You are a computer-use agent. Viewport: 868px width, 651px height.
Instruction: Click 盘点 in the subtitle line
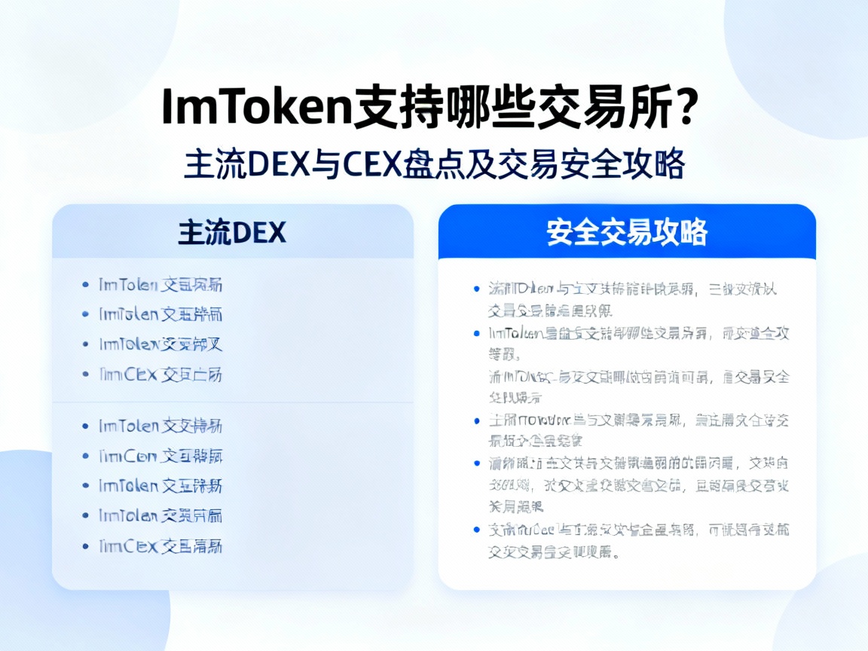[x=451, y=164]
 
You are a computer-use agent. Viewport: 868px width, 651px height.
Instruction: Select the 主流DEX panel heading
[x=232, y=232]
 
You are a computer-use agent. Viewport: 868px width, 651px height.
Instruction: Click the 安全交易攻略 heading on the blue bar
[x=627, y=233]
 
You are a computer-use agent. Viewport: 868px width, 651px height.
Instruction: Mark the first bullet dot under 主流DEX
[x=85, y=285]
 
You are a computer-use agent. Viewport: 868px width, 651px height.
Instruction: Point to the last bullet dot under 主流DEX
[x=85, y=546]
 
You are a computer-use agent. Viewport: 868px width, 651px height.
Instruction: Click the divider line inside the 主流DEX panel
[x=232, y=402]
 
